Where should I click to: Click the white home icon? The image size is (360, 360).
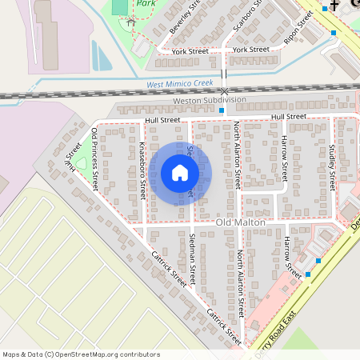pos(180,172)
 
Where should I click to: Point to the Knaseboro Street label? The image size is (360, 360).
pos(142,171)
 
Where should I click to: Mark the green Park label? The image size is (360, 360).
pos(146,3)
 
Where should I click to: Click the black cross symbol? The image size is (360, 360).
pos(334,6)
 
